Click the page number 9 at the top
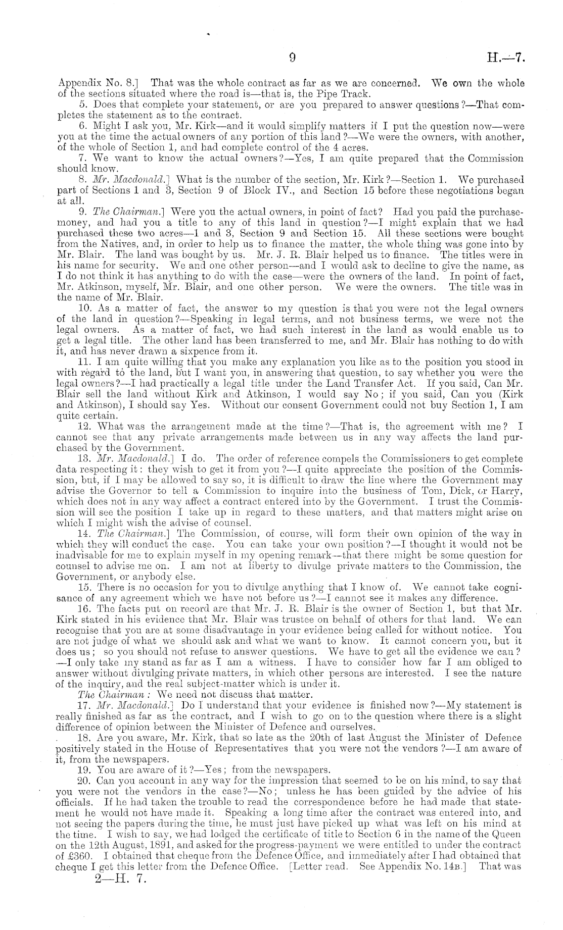292,58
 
